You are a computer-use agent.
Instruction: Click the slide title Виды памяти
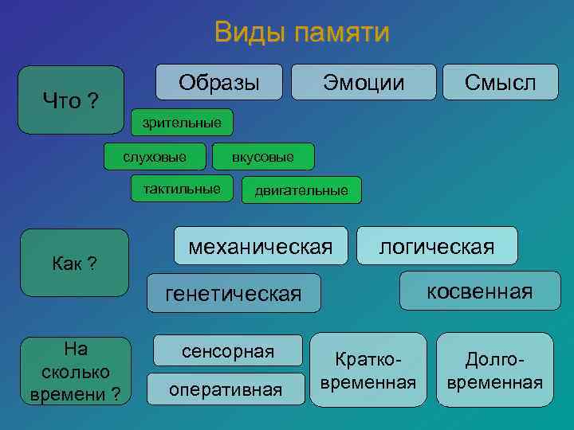(x=301, y=33)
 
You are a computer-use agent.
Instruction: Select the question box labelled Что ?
(x=71, y=100)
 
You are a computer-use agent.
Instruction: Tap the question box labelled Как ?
(x=74, y=263)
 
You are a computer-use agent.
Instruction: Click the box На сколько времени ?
(x=75, y=372)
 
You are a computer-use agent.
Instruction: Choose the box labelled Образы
(x=218, y=82)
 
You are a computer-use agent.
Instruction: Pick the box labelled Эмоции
(x=364, y=82)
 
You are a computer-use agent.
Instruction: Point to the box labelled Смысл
(x=500, y=82)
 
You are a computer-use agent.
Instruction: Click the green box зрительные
(x=182, y=123)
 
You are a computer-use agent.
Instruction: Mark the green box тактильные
(x=182, y=190)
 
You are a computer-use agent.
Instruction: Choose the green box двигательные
(x=301, y=190)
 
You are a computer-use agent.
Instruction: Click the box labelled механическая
(x=261, y=247)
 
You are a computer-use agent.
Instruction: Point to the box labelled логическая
(x=437, y=246)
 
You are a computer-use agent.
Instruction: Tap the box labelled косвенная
(x=480, y=291)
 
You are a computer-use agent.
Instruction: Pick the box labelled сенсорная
(x=228, y=351)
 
